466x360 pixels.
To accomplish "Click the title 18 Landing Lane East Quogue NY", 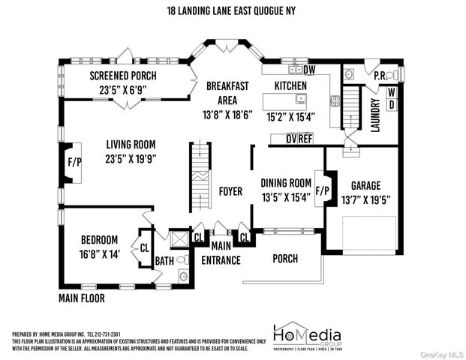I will tap(233, 10).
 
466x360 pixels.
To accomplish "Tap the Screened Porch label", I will tap(122, 75).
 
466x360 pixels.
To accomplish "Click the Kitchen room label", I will tap(290, 86).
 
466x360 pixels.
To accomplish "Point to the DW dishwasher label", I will tap(309, 70).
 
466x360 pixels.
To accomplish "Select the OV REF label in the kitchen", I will tap(299, 139).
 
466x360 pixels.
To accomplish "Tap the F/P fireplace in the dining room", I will tap(321, 190).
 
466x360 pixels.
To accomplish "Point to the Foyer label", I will tap(230, 191).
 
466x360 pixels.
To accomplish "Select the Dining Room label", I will tap(285, 182).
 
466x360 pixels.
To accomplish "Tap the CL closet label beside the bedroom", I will tap(144, 246).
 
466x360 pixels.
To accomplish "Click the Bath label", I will tap(164, 261).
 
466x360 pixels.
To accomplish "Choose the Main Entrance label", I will tap(221, 253).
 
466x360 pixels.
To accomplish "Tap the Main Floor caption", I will tap(81, 298).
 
